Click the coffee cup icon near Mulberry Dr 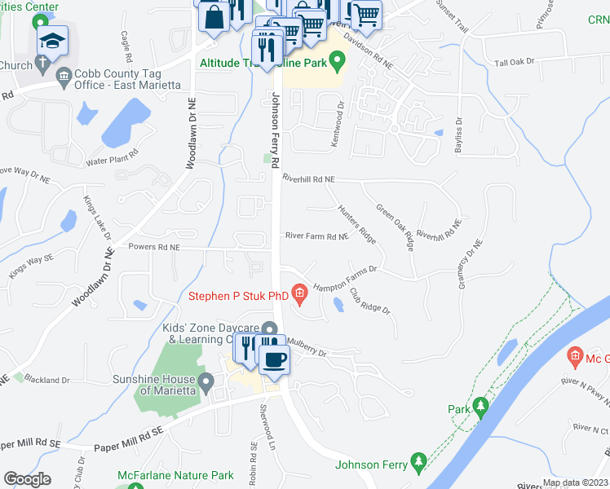(274, 359)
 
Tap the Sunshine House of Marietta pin (206, 381)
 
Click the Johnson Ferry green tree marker (419, 461)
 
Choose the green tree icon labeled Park (481, 405)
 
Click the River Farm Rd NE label (316, 236)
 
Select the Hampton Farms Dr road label (346, 278)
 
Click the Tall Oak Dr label (514, 62)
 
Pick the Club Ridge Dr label (370, 301)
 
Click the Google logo (27, 478)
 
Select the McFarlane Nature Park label (187, 475)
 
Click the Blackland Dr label (46, 379)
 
